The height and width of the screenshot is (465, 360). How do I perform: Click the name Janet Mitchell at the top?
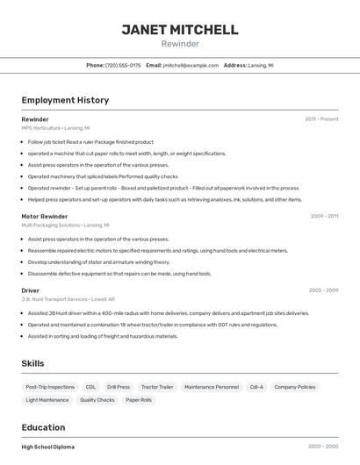pyautogui.click(x=180, y=30)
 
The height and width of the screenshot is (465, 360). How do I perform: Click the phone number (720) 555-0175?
pyautogui.click(x=123, y=66)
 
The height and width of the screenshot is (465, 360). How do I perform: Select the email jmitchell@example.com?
pyautogui.click(x=190, y=66)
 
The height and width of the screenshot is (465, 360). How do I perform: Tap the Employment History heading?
pyautogui.click(x=65, y=100)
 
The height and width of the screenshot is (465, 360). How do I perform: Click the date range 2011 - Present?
pyautogui.click(x=321, y=119)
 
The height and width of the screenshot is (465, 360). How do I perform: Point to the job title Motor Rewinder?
pyautogui.click(x=45, y=216)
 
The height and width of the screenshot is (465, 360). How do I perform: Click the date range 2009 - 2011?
pyautogui.click(x=324, y=216)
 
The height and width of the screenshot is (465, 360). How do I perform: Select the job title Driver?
pyautogui.click(x=31, y=290)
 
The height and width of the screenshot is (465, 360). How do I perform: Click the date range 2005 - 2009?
pyautogui.click(x=323, y=290)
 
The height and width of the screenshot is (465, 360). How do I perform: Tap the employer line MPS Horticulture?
pyautogui.click(x=55, y=128)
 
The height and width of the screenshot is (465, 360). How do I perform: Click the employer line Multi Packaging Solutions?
pyautogui.click(x=66, y=225)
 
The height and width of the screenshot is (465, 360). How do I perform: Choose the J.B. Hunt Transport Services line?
pyautogui.click(x=68, y=299)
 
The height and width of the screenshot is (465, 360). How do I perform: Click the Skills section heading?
pyautogui.click(x=32, y=363)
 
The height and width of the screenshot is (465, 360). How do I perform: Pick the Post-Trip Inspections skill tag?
pyautogui.click(x=50, y=387)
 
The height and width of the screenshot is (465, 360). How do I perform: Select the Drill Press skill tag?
pyautogui.click(x=119, y=387)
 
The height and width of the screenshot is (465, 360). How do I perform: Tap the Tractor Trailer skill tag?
pyautogui.click(x=157, y=387)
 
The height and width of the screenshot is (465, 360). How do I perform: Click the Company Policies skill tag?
pyautogui.click(x=295, y=387)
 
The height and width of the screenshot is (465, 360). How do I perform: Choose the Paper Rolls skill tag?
pyautogui.click(x=139, y=400)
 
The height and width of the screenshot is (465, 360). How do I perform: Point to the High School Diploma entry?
pyautogui.click(x=48, y=447)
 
